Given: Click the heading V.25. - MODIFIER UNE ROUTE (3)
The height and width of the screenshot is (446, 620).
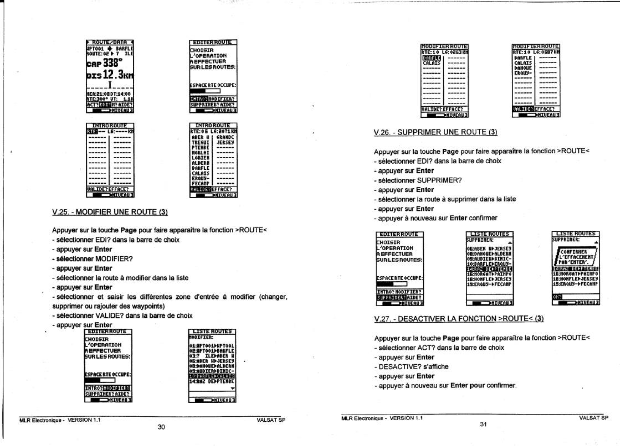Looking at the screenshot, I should point(110,212).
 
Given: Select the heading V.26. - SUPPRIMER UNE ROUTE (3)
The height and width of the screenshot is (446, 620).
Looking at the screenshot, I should point(435,132).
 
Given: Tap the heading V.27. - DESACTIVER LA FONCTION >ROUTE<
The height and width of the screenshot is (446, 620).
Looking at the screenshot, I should point(459,319).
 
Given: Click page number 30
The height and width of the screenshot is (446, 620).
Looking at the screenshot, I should point(161,427).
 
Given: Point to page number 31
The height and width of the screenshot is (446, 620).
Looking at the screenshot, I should point(483,424).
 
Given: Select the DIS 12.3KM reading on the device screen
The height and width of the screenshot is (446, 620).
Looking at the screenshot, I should point(110,74).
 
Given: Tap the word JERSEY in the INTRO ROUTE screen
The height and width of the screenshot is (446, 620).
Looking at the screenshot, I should point(225,143).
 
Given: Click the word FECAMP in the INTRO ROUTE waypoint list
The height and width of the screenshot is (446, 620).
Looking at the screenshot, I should point(201,183).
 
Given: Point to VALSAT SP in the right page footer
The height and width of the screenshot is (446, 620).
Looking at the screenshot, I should point(593,418).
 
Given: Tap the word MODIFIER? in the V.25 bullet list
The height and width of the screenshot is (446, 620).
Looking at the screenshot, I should point(114,259).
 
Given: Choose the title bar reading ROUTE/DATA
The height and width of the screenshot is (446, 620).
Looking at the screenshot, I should point(110,42).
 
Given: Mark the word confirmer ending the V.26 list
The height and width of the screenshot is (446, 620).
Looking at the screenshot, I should point(483,218).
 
